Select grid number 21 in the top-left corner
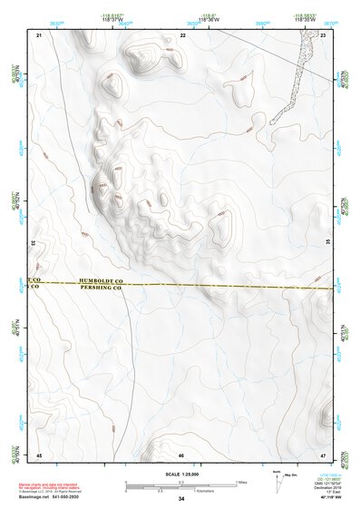click(x=39, y=34)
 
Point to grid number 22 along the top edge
click(x=182, y=34)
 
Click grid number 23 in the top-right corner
click(x=323, y=34)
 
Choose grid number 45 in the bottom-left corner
click(x=39, y=454)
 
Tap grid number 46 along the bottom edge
click(x=181, y=454)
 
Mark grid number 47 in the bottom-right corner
click(x=323, y=454)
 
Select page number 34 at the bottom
click(x=181, y=498)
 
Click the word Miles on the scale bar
click(x=241, y=481)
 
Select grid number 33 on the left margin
click(x=33, y=242)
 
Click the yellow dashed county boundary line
click(x=227, y=286)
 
